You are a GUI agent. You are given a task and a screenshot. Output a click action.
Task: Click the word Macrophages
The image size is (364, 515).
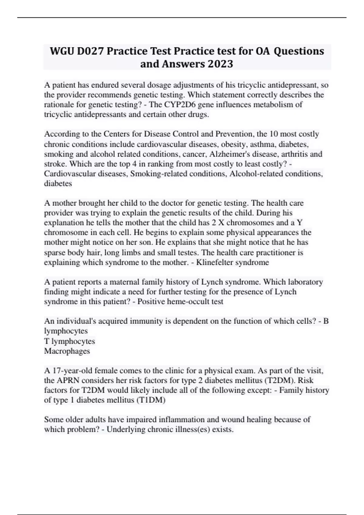(67, 351)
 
